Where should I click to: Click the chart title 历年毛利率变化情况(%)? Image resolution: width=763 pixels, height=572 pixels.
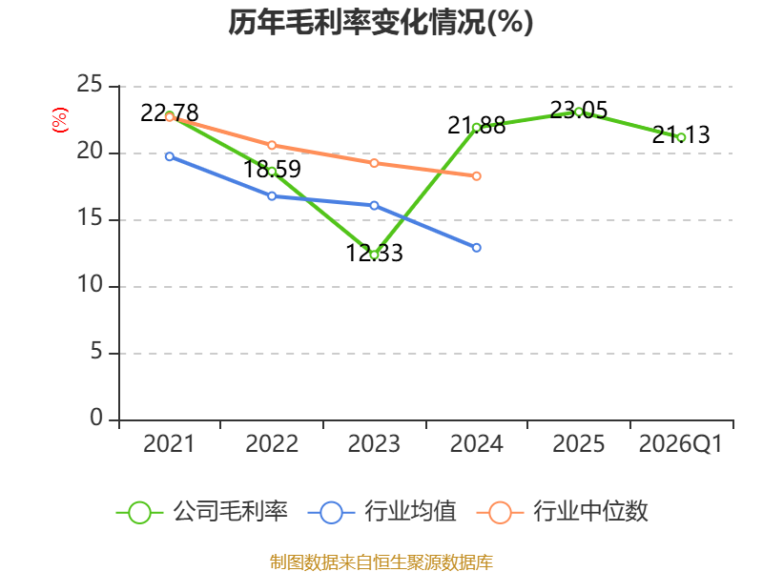click(381, 22)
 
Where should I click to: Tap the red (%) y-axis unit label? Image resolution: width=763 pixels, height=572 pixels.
click(60, 120)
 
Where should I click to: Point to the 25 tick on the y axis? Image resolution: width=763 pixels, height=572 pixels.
click(90, 85)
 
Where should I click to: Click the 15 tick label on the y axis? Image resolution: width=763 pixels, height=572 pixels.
click(90, 218)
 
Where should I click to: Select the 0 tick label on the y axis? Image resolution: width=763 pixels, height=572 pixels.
click(96, 418)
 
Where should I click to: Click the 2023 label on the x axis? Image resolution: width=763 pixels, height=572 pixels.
click(374, 444)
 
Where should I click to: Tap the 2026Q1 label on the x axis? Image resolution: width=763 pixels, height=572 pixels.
click(681, 444)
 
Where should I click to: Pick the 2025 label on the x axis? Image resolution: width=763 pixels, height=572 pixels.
click(579, 444)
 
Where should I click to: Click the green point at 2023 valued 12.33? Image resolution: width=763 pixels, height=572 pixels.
click(374, 255)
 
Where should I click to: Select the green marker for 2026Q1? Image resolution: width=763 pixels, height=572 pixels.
click(681, 137)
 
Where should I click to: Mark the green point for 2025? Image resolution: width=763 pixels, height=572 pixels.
click(579, 112)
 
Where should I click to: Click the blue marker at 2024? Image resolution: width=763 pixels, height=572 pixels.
click(476, 248)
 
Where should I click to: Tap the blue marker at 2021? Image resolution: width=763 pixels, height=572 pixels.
click(170, 156)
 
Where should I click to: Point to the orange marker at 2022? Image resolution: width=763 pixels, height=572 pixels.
click(272, 145)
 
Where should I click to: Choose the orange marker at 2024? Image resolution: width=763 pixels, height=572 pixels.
click(476, 175)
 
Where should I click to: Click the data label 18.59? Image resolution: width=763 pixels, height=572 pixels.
click(272, 170)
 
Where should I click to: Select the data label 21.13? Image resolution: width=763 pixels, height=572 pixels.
click(681, 134)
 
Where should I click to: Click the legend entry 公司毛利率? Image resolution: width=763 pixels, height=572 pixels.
click(202, 512)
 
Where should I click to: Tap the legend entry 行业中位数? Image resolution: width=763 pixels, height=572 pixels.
click(562, 512)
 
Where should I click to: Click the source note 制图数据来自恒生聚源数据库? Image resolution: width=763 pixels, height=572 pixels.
click(381, 562)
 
